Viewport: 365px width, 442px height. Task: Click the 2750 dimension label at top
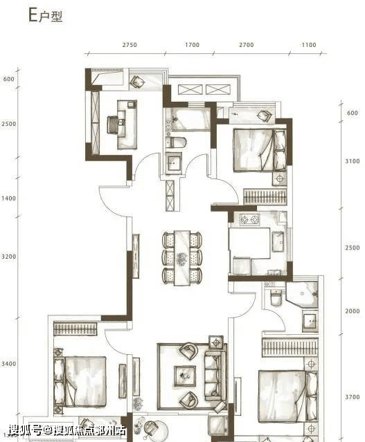coord(130,45)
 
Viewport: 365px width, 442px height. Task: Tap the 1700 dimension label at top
coord(193,45)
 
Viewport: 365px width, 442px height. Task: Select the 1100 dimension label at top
coord(309,45)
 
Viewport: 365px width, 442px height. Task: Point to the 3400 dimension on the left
coord(9,364)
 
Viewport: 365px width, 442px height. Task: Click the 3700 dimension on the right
coord(353,397)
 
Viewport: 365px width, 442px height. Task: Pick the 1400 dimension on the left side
coord(9,199)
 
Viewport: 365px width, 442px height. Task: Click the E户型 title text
coord(46,15)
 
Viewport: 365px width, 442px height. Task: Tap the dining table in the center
coord(182,258)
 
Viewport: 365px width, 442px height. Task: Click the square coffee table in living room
coord(185,376)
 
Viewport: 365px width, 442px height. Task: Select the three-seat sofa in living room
coord(215,376)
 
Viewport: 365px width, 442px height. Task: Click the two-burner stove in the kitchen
coord(250,219)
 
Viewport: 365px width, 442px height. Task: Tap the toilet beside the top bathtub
coord(176,142)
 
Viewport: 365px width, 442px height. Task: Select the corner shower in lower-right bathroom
coord(302,294)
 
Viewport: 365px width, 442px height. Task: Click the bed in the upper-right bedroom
coord(260,150)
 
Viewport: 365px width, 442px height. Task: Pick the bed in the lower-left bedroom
coord(80,382)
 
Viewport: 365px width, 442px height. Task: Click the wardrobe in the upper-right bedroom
coord(265,196)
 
